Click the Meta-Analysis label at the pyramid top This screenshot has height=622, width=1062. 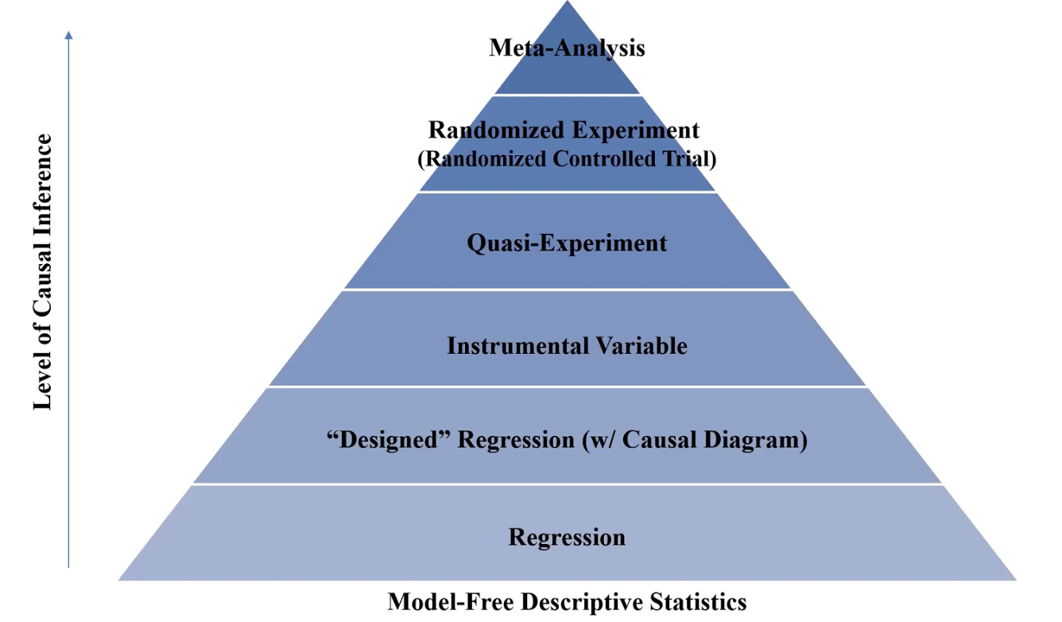[567, 48]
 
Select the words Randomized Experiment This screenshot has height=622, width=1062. [564, 130]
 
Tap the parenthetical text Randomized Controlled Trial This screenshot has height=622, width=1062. [567, 158]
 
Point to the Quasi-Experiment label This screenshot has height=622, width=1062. [567, 243]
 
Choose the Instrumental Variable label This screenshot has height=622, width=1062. [567, 345]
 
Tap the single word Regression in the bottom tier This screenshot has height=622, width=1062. [567, 537]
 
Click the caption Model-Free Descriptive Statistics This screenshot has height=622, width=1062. [567, 601]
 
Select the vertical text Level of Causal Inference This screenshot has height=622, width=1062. [43, 272]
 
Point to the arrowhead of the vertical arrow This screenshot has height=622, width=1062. [69, 35]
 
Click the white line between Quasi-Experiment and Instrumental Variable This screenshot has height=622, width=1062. [567, 290]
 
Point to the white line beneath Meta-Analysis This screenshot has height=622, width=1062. [567, 95]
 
